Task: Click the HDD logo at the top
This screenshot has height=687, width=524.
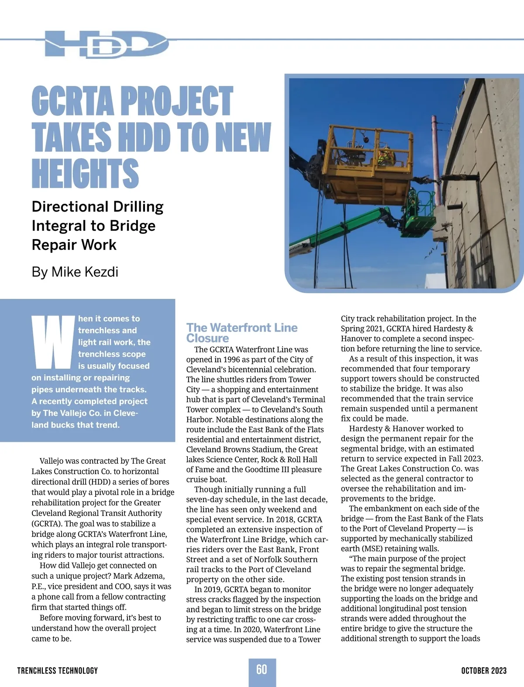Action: click(107, 44)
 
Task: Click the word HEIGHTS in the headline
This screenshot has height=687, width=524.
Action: click(85, 173)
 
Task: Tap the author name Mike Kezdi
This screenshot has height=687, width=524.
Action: click(85, 272)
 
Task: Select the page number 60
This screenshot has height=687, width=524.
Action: click(262, 670)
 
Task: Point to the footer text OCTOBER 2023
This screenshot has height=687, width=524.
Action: click(484, 670)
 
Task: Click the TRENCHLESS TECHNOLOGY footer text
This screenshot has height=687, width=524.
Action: click(58, 670)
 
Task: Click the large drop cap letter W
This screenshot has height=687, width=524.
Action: click(53, 342)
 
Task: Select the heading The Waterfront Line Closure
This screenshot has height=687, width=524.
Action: click(241, 333)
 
